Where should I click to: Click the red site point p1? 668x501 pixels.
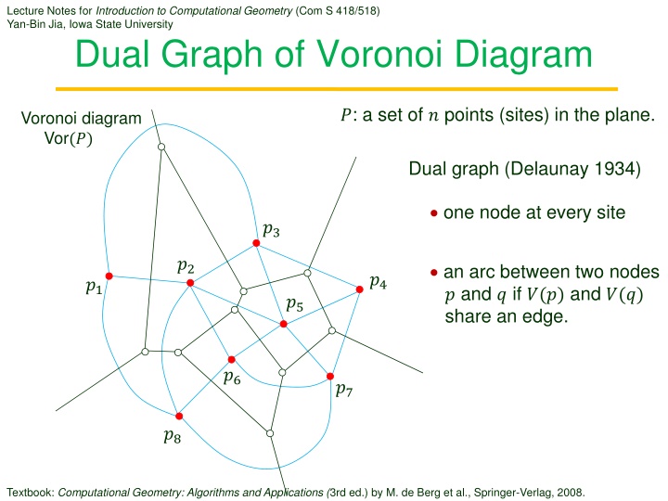pyautogui.click(x=109, y=276)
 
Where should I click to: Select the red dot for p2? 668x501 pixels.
pyautogui.click(x=190, y=282)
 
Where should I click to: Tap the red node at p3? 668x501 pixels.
pyautogui.click(x=256, y=243)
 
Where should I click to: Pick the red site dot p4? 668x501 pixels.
pyautogui.click(x=360, y=289)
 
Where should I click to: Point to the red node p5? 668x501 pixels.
pyautogui.click(x=283, y=324)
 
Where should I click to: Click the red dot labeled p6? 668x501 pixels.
pyautogui.click(x=231, y=360)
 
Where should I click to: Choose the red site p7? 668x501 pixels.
pyautogui.click(x=330, y=376)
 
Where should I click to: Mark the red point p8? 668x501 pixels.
pyautogui.click(x=179, y=416)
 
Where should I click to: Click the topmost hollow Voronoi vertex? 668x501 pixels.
pyautogui.click(x=161, y=147)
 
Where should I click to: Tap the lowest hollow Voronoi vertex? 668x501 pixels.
pyautogui.click(x=270, y=433)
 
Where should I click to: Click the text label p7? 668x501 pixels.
pyautogui.click(x=344, y=390)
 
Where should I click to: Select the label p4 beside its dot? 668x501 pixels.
pyautogui.click(x=379, y=282)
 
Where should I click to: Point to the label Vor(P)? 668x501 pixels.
pyautogui.click(x=68, y=138)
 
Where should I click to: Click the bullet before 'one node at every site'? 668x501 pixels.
pyautogui.click(x=433, y=213)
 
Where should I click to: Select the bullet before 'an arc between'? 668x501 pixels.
pyautogui.click(x=433, y=272)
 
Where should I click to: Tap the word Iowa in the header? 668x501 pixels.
pyautogui.click(x=81, y=24)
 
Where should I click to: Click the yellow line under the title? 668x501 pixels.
pyautogui.click(x=337, y=89)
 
